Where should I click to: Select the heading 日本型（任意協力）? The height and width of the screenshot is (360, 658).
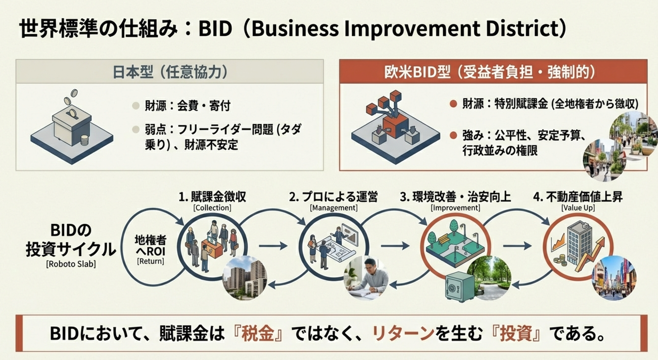[170, 72]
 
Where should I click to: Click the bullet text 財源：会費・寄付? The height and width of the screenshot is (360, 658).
[188, 106]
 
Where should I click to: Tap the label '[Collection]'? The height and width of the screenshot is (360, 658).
[212, 208]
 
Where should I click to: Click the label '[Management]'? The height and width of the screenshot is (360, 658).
[334, 208]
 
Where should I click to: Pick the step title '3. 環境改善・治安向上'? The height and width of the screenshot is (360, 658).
[455, 197]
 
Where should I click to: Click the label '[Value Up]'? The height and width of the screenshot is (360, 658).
[578, 208]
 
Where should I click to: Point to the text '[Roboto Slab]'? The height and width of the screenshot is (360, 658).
[71, 264]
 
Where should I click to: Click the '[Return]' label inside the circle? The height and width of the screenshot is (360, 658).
[150, 261]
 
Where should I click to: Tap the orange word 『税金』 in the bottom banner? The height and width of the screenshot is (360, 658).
[258, 333]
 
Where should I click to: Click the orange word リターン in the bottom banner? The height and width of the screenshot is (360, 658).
[403, 333]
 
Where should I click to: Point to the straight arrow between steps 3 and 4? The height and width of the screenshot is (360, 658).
[517, 246]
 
